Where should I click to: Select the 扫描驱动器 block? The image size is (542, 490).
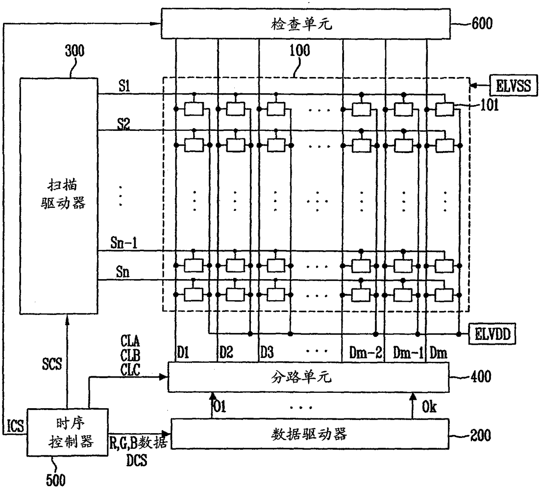click(59, 195)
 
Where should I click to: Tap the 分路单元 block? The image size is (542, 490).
click(308, 377)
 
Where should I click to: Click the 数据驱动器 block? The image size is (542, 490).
click(309, 434)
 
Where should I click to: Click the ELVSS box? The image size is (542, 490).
click(512, 85)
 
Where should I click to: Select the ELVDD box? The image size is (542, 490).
click(492, 335)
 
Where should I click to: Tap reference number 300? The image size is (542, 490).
click(74, 51)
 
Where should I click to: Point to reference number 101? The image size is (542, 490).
click(489, 105)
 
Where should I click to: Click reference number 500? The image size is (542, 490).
click(56, 479)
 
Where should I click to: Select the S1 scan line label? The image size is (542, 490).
click(124, 86)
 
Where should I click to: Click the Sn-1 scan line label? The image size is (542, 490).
click(124, 243)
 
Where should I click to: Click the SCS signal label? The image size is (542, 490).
click(52, 364)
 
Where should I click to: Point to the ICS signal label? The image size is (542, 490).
click(16, 426)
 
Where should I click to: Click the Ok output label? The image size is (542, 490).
click(429, 407)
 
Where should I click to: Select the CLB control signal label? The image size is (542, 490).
click(130, 356)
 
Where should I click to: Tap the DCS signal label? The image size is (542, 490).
click(136, 460)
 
